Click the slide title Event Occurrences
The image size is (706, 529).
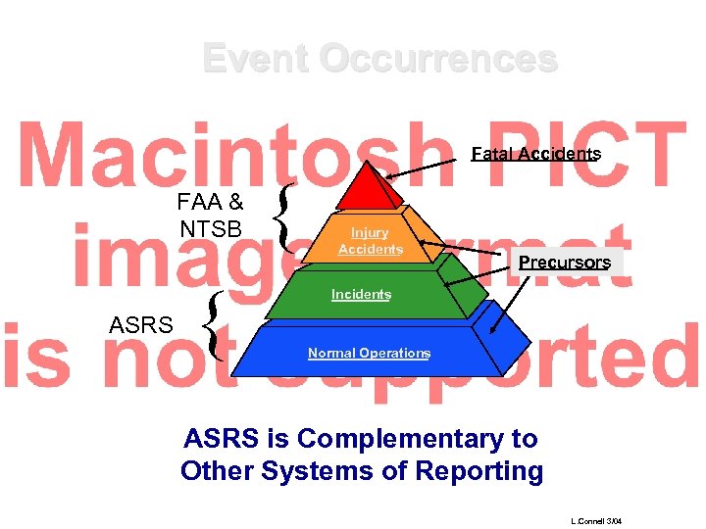[379, 59]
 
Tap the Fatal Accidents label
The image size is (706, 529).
[535, 154]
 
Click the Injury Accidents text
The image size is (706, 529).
[370, 241]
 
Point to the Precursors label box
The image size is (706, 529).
[564, 263]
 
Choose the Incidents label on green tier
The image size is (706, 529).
[361, 295]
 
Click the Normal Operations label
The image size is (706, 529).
[369, 353]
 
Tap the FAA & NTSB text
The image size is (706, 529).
[211, 216]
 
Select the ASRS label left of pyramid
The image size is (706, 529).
[141, 325]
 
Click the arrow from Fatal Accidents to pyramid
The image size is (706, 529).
[427, 167]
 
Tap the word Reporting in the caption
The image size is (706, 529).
[479, 471]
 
